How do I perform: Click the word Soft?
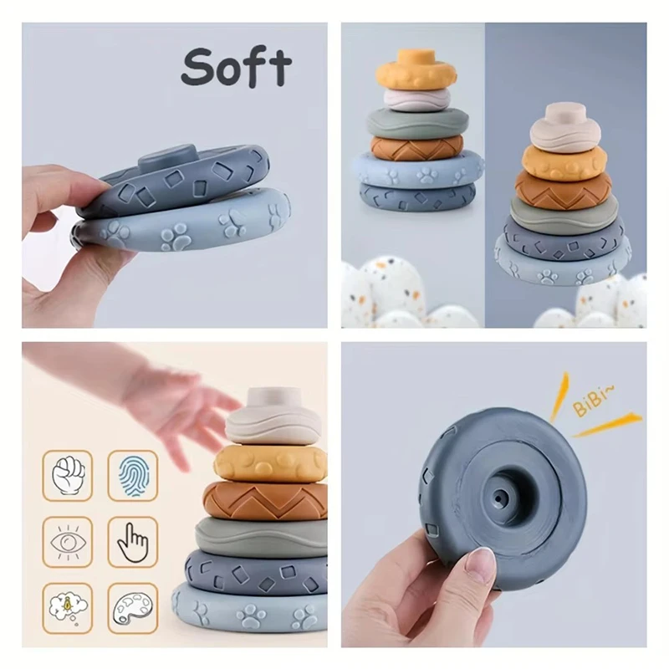[x=237, y=67]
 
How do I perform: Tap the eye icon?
[x=68, y=542]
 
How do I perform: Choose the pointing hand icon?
[x=132, y=542]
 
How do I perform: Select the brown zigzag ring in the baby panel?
[x=266, y=499]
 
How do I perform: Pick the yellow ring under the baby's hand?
[x=269, y=462]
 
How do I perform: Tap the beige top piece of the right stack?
[x=566, y=125]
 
